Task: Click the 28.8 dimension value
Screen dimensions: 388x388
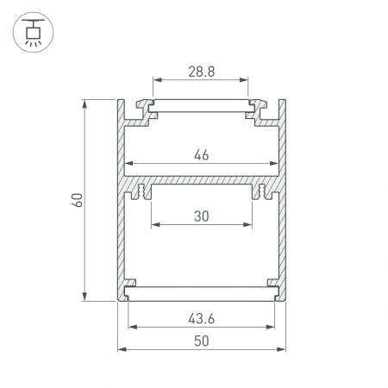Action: click(202, 75)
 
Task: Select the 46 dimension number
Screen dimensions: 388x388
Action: click(202, 155)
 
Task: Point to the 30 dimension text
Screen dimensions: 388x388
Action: click(202, 217)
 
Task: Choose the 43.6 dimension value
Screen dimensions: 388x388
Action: click(202, 318)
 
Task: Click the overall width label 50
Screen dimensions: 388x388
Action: click(202, 341)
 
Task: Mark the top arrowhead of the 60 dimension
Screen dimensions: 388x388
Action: click(85, 103)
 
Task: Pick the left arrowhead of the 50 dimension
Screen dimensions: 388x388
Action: click(121, 350)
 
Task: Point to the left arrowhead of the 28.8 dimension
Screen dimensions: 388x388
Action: click(157, 84)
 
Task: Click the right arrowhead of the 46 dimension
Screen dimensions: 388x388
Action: click(275, 164)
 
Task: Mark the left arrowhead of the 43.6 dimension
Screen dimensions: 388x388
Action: click(132, 328)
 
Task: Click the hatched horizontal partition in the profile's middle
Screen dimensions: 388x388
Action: click(202, 184)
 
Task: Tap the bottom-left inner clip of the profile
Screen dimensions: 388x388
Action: click(129, 285)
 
